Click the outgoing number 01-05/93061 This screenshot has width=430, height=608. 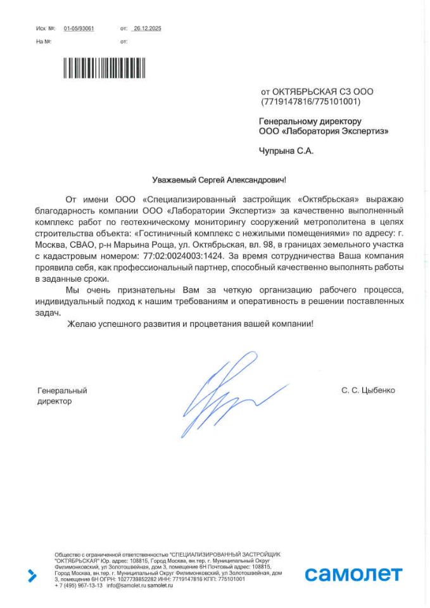click(79, 28)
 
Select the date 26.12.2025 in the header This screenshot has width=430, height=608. click(148, 28)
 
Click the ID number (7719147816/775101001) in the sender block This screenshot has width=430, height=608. click(310, 102)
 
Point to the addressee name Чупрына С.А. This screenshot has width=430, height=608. click(286, 151)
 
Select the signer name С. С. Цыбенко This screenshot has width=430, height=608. click(368, 391)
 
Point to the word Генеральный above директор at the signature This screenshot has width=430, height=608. click(62, 391)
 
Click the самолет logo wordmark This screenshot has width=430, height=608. click(353, 574)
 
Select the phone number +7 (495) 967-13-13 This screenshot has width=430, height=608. click(79, 586)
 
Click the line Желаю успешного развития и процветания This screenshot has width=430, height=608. click(189, 324)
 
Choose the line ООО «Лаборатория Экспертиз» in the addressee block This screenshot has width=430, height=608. click(324, 132)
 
